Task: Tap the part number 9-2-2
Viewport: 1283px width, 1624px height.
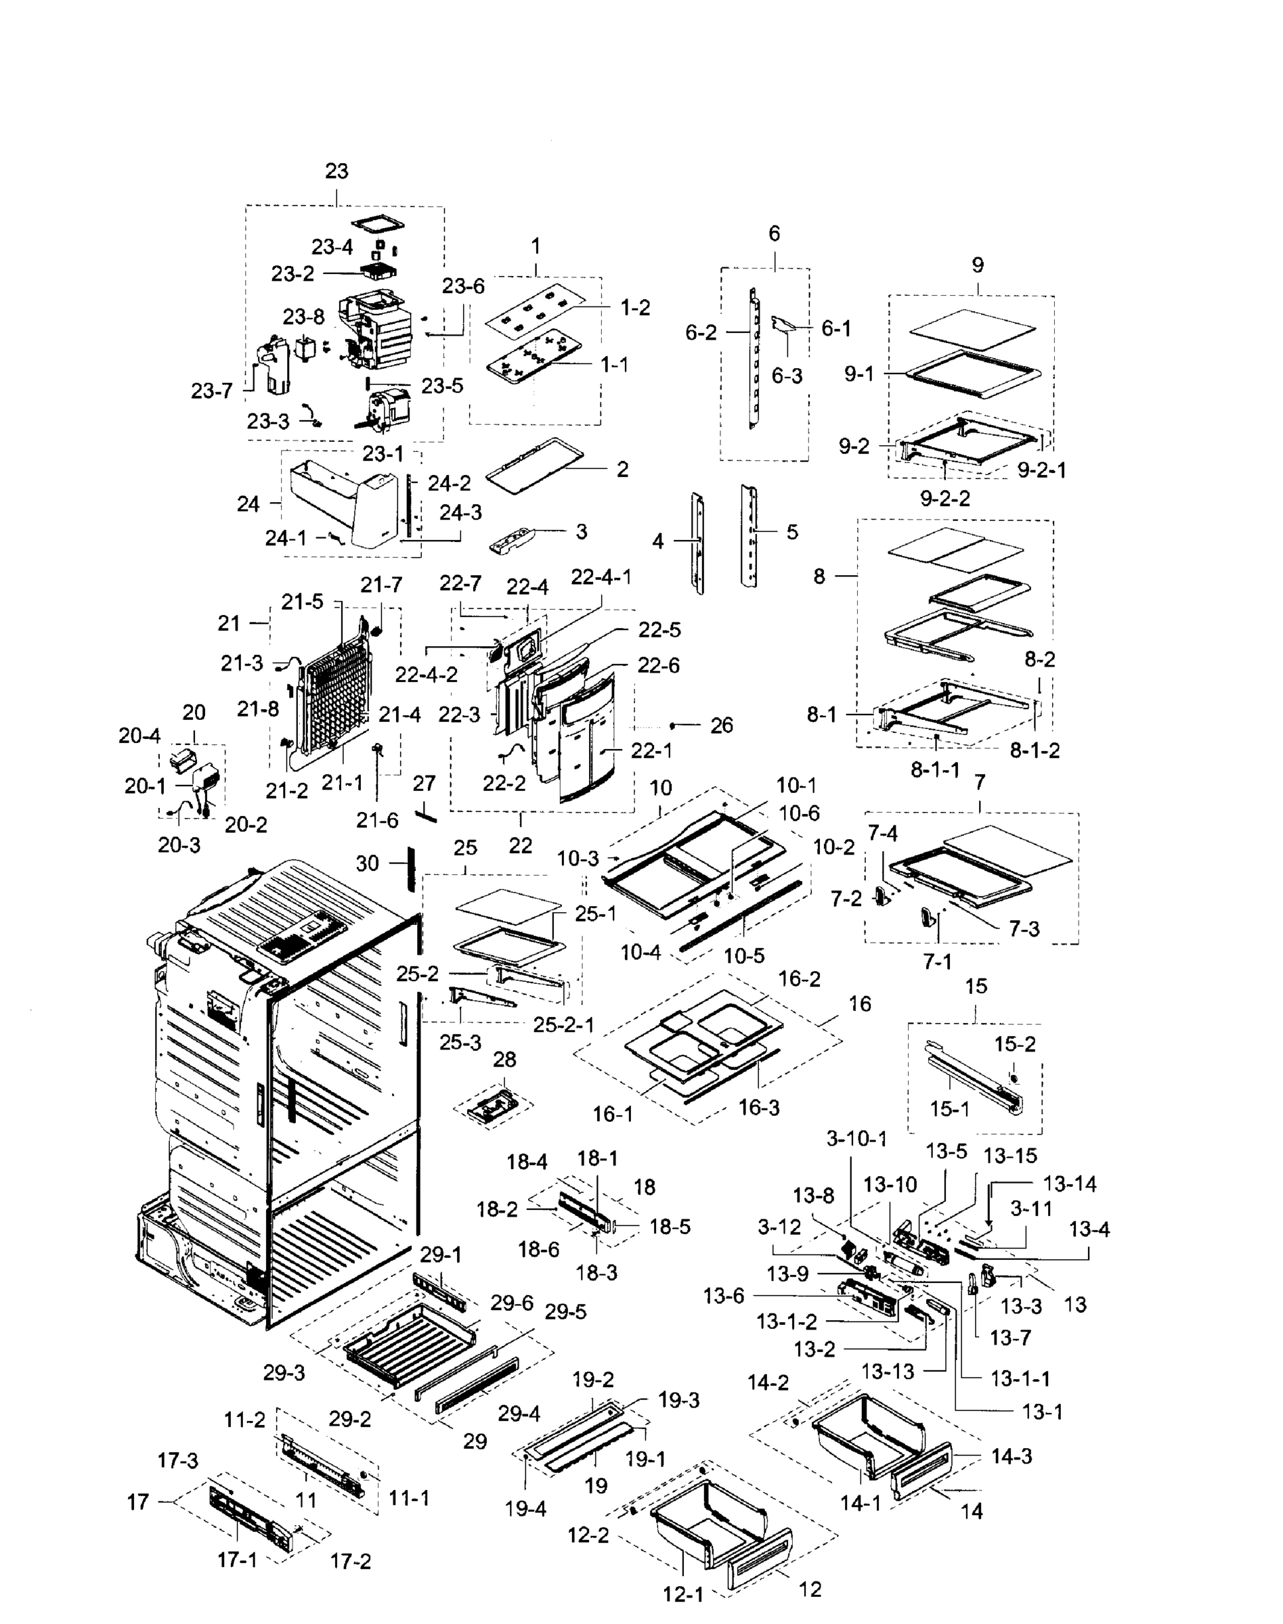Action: [x=945, y=498]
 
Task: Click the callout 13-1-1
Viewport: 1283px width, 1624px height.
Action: [x=1020, y=1378]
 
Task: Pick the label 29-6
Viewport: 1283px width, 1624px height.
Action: [x=513, y=1303]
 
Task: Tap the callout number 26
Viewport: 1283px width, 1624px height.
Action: [x=721, y=725]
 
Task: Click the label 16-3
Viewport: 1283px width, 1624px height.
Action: [x=759, y=1108]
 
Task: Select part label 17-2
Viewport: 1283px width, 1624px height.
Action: [x=350, y=1561]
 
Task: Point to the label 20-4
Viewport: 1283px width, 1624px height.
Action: [x=139, y=736]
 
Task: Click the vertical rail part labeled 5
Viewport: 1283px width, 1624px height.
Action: [x=749, y=535]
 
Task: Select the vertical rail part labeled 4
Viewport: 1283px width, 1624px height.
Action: [x=698, y=542]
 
